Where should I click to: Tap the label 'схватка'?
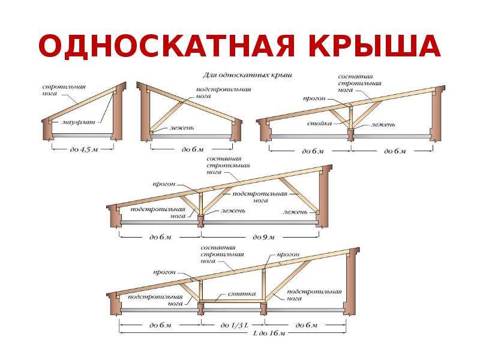coord(241,294)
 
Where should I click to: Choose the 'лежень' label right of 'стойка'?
coord(382,125)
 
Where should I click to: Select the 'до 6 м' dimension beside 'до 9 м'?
coord(160,237)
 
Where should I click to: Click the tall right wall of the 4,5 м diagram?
coord(118,114)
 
